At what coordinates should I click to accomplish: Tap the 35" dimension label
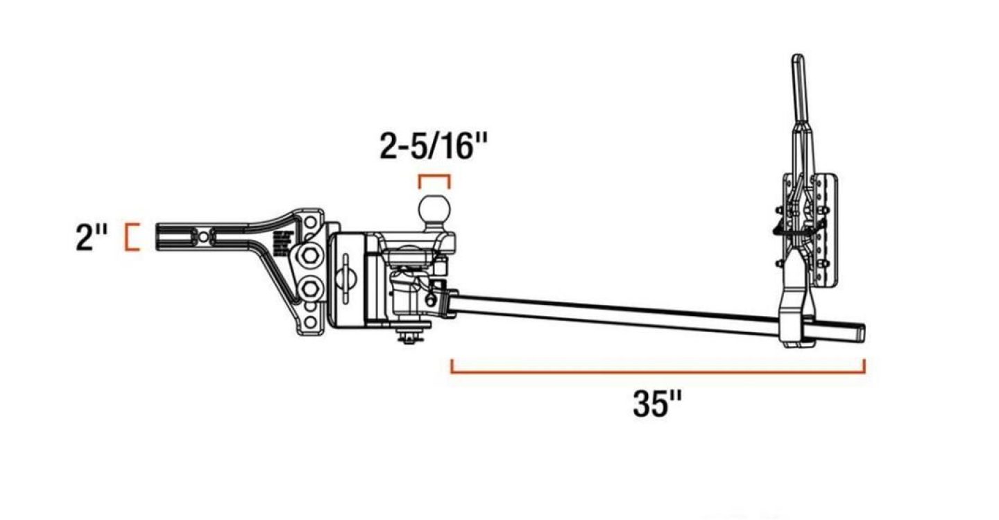click(x=658, y=404)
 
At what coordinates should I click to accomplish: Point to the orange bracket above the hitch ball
click(x=434, y=176)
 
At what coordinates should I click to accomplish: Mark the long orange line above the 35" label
click(x=658, y=372)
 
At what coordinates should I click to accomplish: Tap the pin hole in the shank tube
click(x=203, y=236)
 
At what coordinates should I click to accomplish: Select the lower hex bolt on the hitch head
click(x=309, y=288)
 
